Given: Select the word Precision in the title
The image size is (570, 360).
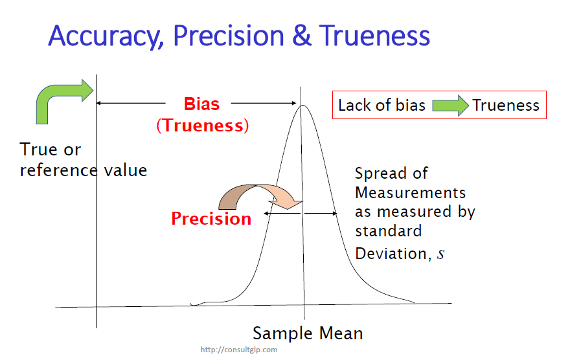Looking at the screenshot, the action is tap(228, 36).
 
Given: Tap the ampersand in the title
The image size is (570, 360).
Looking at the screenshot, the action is tap(302, 36).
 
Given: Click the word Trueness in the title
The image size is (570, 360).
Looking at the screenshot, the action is tap(374, 36).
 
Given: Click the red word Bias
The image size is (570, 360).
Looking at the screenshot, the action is tap(201, 104).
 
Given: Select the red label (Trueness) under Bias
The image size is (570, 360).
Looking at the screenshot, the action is tap(203, 126).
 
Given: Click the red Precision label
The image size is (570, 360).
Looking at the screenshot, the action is tap(211, 219).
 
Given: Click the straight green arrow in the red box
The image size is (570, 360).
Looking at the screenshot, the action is tap(450, 106).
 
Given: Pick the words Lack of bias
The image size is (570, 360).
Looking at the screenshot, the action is tap(382, 106).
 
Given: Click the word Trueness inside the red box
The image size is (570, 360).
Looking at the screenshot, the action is tap(506, 106).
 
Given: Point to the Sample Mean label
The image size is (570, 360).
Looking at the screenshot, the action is tap(308, 333).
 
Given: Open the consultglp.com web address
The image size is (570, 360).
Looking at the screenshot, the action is tap(239, 350).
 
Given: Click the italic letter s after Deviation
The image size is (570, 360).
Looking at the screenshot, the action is tap(440, 254).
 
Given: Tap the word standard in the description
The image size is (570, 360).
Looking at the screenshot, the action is tap(388, 231).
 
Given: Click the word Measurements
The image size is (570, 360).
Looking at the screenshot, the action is tap(410, 192).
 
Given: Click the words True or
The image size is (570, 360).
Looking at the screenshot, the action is tap(50, 150).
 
